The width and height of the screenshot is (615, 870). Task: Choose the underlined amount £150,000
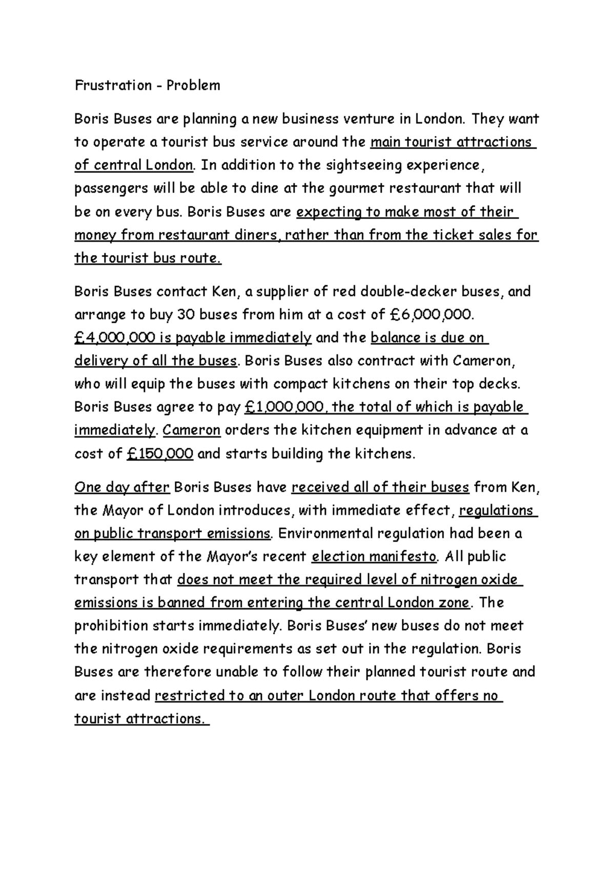pyautogui.click(x=159, y=453)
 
